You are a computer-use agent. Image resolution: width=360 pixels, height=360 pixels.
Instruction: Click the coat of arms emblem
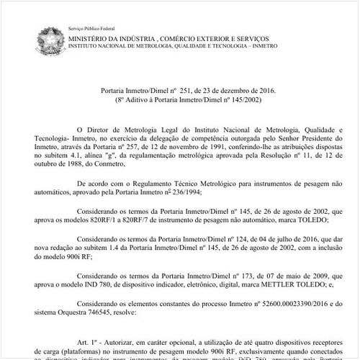click(48, 37)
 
